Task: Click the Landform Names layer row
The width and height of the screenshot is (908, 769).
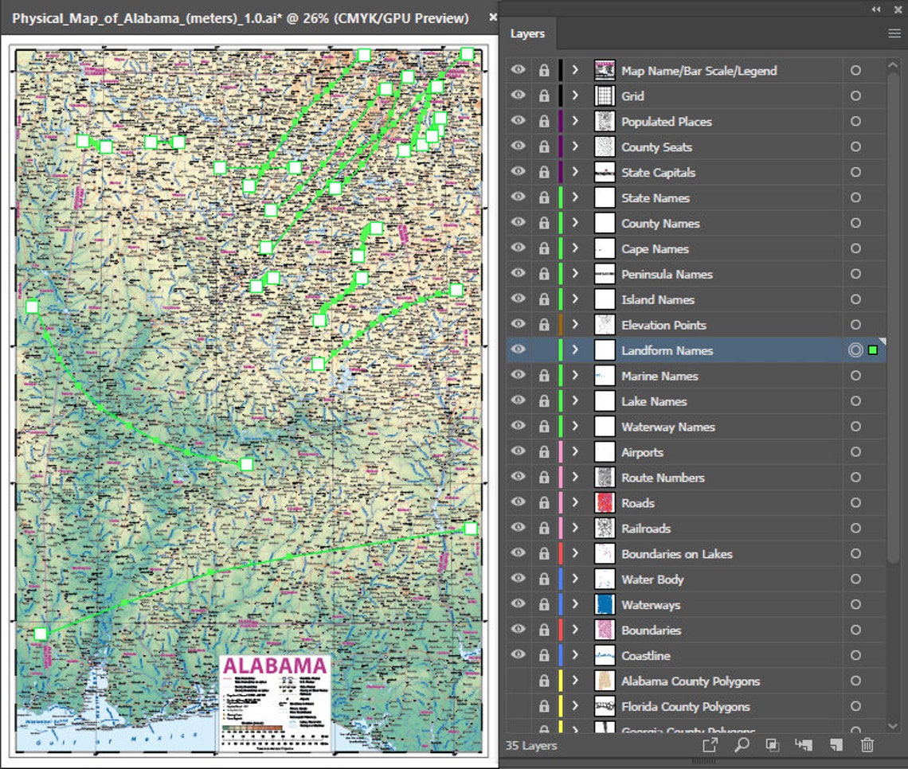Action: tap(667, 350)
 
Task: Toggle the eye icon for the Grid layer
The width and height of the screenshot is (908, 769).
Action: tap(519, 96)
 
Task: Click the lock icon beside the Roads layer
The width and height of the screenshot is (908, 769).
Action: tap(544, 503)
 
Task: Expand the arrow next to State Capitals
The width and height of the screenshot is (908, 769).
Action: tap(575, 172)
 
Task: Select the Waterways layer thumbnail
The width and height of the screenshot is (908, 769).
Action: tap(605, 605)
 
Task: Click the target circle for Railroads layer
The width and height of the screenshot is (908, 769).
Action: tap(855, 529)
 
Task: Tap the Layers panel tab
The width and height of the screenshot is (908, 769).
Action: tap(527, 33)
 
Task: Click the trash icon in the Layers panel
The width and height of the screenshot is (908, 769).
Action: tap(867, 745)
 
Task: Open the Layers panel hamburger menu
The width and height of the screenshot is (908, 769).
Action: tap(894, 33)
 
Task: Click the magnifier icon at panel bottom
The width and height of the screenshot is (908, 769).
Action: tap(741, 745)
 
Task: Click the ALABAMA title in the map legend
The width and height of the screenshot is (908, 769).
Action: tap(275, 666)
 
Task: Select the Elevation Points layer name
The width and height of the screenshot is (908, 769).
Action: tap(663, 325)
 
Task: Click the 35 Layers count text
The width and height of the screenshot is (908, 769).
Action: tap(531, 746)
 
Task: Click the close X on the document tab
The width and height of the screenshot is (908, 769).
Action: tap(492, 17)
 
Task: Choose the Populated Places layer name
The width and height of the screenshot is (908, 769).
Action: tap(667, 122)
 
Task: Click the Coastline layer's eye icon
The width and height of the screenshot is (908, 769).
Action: tap(519, 655)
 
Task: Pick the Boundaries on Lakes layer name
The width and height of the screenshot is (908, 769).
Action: tap(676, 554)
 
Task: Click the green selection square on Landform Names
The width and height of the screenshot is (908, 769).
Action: tap(873, 350)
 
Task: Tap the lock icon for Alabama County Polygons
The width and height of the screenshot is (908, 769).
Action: tap(544, 681)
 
